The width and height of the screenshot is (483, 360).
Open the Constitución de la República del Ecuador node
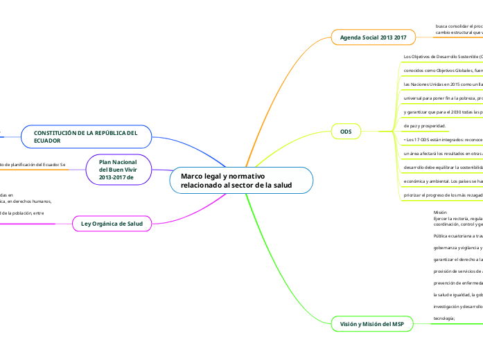click(86, 136)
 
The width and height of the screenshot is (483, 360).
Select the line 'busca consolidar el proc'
click(458, 26)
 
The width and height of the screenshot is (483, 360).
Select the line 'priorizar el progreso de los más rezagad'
click(443, 195)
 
